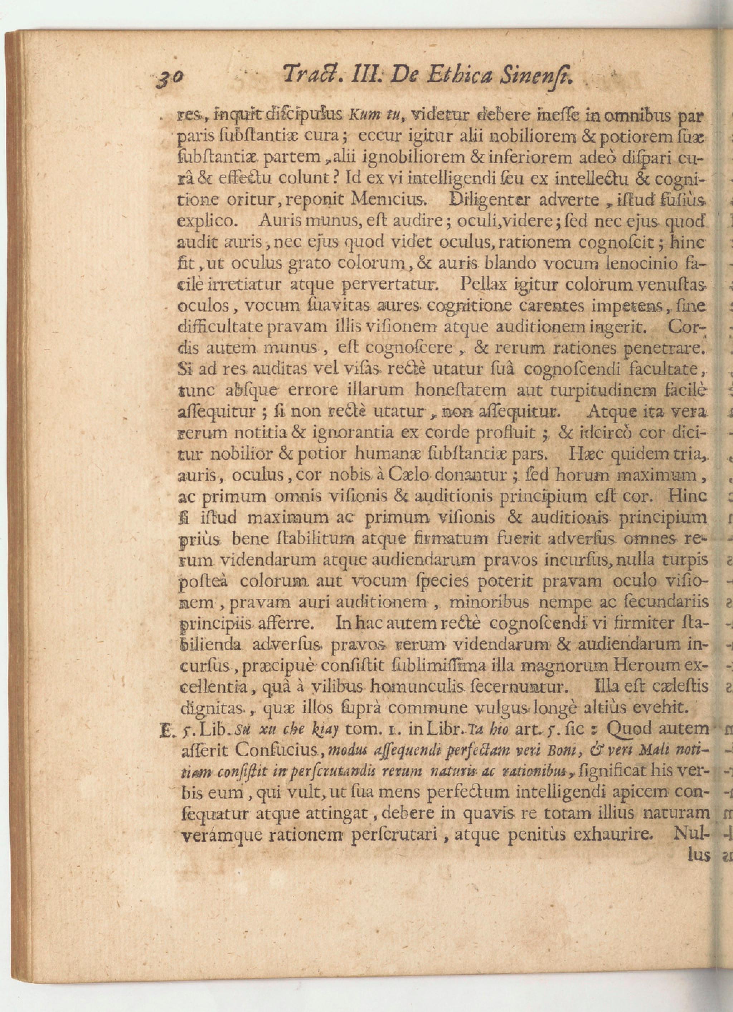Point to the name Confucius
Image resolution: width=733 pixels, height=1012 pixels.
pyautogui.click(x=278, y=751)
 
